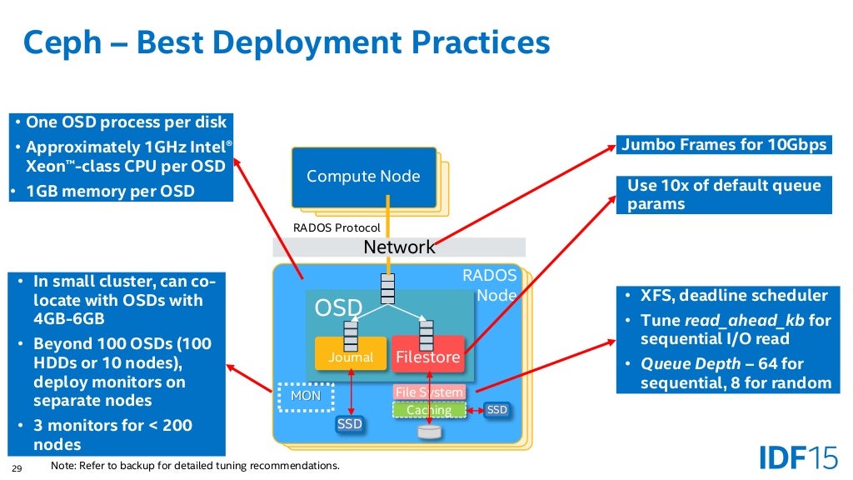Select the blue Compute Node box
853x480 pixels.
363,177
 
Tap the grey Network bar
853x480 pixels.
399,247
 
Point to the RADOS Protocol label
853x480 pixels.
337,227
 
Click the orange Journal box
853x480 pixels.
351,357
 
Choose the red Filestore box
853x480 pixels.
427,357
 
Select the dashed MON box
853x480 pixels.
305,397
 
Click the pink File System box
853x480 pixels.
429,392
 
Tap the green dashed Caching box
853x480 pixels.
429,410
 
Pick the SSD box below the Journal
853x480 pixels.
350,424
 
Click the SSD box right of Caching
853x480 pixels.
496,410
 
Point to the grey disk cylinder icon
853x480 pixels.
429,431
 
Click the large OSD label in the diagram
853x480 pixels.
338,309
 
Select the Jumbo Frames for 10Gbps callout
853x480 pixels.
723,145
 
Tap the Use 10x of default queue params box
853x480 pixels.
723,195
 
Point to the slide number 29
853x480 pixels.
14,467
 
